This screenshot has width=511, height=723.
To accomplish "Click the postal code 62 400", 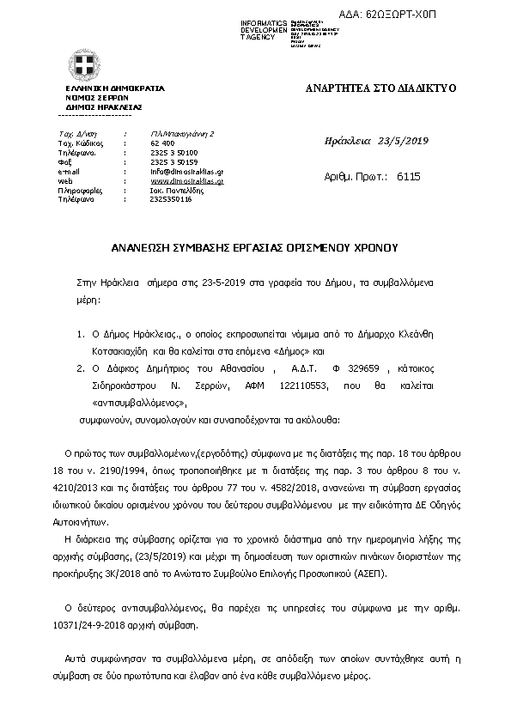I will [162, 143].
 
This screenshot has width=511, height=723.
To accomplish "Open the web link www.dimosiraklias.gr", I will [186, 181].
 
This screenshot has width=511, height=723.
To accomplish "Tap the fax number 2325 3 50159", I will [173, 161].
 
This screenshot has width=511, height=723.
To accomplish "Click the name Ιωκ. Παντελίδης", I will [179, 190].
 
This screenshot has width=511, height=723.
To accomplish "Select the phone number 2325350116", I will [171, 199].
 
